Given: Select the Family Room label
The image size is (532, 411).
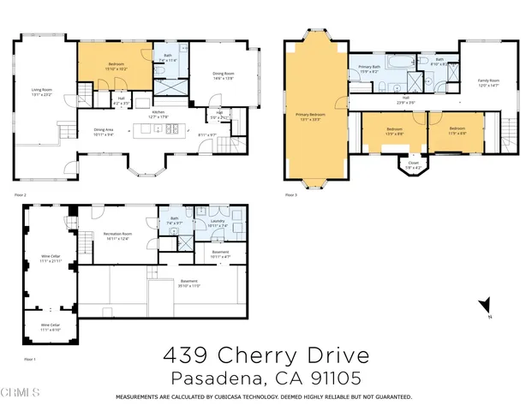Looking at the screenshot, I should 488,83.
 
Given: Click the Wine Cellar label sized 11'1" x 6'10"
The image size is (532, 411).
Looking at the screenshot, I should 51,326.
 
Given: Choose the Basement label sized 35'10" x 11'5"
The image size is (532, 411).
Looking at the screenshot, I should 189,283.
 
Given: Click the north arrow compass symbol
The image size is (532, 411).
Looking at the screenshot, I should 485,304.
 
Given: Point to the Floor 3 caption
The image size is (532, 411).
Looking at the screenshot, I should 290,195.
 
